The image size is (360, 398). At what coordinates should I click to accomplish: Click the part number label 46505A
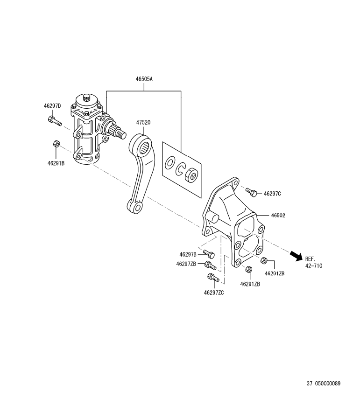(x=144, y=79)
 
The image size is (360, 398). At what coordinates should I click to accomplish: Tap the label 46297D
(x=52, y=105)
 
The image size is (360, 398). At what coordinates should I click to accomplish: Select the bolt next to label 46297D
(x=55, y=121)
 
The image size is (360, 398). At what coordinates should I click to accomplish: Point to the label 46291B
(x=56, y=163)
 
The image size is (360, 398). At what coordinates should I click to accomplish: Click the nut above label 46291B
(x=56, y=144)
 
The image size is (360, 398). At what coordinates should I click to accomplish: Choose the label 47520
(x=143, y=122)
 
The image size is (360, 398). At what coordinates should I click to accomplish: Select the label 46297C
(x=272, y=193)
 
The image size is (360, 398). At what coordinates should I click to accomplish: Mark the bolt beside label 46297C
(x=252, y=191)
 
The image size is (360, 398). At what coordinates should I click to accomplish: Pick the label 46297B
(x=188, y=254)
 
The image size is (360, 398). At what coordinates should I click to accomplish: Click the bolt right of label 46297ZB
(x=211, y=265)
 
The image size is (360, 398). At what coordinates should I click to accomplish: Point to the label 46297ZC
(x=213, y=293)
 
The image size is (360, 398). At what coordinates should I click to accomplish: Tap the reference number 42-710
(x=313, y=265)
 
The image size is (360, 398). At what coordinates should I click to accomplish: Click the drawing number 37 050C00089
(x=324, y=384)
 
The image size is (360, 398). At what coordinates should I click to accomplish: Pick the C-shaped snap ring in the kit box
(x=180, y=169)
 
